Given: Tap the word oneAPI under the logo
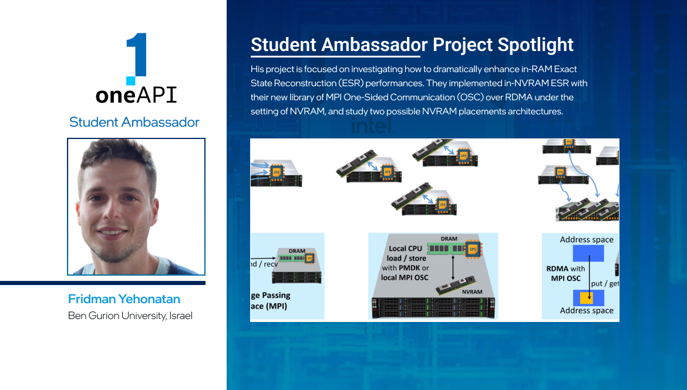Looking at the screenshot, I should tap(136, 96).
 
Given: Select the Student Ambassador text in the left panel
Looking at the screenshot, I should tap(134, 122).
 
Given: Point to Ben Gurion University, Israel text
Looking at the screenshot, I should tap(130, 316).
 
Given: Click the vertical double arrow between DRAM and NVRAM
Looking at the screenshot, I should tap(453, 268).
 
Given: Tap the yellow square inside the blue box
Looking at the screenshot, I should tap(586, 298).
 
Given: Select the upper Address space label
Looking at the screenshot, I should tap(587, 239).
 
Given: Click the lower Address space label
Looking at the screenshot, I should tap(587, 310).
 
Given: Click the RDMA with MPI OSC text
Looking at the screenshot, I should tap(565, 273).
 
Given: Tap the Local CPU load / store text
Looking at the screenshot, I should tap(405, 253).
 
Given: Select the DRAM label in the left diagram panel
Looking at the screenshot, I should tap(297, 251).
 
